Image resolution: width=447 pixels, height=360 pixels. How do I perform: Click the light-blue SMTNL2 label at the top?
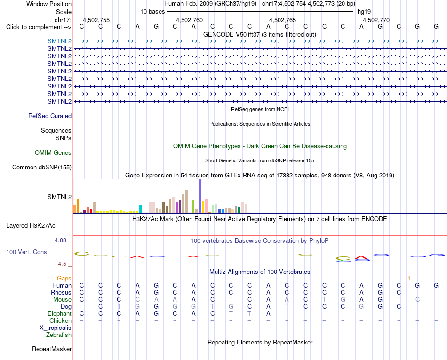(x=60, y=41)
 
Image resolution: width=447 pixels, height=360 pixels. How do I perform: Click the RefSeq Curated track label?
(x=50, y=116)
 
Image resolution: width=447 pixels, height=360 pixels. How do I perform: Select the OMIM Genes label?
(x=53, y=153)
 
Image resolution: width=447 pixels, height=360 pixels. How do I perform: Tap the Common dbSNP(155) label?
(x=42, y=168)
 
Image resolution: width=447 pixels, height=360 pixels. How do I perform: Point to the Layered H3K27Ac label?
(x=31, y=226)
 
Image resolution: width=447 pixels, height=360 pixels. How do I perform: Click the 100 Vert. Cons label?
(x=26, y=252)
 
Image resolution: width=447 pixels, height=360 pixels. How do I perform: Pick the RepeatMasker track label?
(x=52, y=349)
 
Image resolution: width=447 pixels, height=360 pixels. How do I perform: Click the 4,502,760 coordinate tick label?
(x=189, y=20)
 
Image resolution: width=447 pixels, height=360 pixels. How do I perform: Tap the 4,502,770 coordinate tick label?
(x=376, y=20)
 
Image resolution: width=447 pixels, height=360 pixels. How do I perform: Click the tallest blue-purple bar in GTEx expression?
(x=200, y=196)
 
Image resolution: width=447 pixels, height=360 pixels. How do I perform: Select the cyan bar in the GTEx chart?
(x=140, y=208)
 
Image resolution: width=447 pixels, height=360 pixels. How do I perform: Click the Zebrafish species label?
(x=59, y=335)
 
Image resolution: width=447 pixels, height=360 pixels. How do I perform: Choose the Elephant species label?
(x=60, y=313)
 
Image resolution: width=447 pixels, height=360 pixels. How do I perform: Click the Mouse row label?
(x=62, y=300)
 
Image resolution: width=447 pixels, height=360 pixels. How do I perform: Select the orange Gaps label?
(x=64, y=278)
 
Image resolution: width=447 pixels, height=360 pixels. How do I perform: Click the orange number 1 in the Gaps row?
(x=409, y=278)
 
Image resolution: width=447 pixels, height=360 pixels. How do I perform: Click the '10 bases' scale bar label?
(x=152, y=12)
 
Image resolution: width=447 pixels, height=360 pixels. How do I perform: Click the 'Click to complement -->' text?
(x=39, y=27)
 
